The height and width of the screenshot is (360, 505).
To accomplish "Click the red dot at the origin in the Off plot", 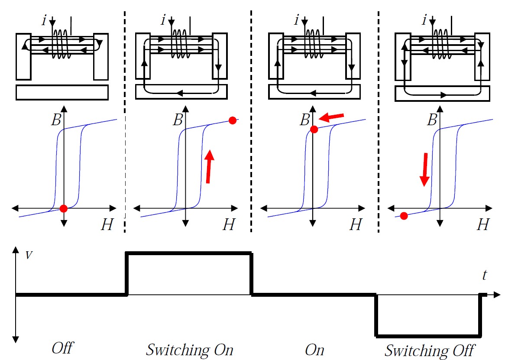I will [x=64, y=208].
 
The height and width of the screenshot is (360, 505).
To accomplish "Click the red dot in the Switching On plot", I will [x=233, y=120].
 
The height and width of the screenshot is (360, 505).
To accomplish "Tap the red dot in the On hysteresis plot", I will [x=314, y=129].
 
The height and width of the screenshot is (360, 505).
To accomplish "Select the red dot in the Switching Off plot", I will [x=404, y=215].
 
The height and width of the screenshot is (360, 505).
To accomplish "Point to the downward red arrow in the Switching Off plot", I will [x=424, y=169].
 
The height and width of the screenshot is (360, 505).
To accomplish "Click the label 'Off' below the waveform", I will [x=63, y=348].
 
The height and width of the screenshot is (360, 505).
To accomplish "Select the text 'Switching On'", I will [x=189, y=349].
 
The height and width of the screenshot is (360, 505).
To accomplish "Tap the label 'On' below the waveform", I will [x=315, y=349].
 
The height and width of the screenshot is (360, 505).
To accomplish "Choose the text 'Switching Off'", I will [x=430, y=349].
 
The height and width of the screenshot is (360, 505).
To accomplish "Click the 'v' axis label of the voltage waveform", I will [x=29, y=255].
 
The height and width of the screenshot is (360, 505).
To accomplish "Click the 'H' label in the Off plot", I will [x=106, y=224].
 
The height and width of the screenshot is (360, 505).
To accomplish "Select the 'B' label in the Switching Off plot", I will [x=431, y=120].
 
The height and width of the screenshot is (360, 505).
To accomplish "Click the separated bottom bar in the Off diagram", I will [x=62, y=92].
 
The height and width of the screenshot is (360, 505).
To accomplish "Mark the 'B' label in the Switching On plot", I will [x=178, y=120].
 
